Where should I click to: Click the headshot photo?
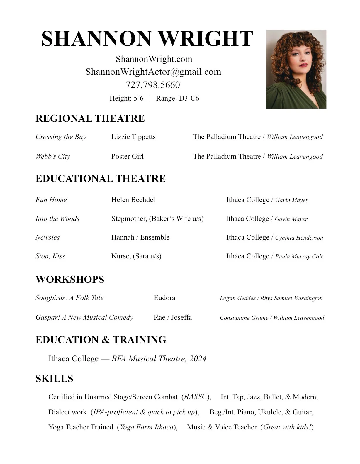296,69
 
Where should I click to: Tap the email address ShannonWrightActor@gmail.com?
153,72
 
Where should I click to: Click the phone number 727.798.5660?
153,85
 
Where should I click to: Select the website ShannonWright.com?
154,59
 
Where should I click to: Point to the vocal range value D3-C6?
189,98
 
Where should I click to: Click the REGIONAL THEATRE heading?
90,118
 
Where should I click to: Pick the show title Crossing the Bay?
61,137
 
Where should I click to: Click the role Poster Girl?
128,156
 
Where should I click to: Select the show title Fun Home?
51,200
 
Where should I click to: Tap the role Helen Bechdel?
133,200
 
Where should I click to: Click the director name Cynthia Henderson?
299,238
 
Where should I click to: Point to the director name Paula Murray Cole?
299,257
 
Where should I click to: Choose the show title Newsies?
47,237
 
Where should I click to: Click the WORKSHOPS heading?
70,279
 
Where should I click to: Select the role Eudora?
164,298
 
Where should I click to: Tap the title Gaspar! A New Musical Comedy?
84,317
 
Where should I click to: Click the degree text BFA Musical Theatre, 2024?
159,359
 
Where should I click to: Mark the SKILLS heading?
54,379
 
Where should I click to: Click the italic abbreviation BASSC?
196,397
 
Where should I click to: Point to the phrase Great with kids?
287,427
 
